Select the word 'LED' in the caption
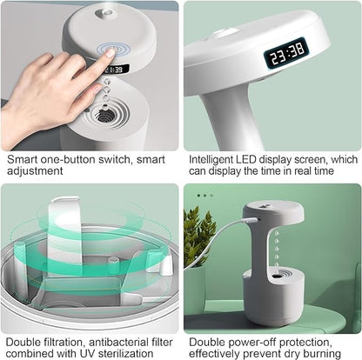point(260,160)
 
